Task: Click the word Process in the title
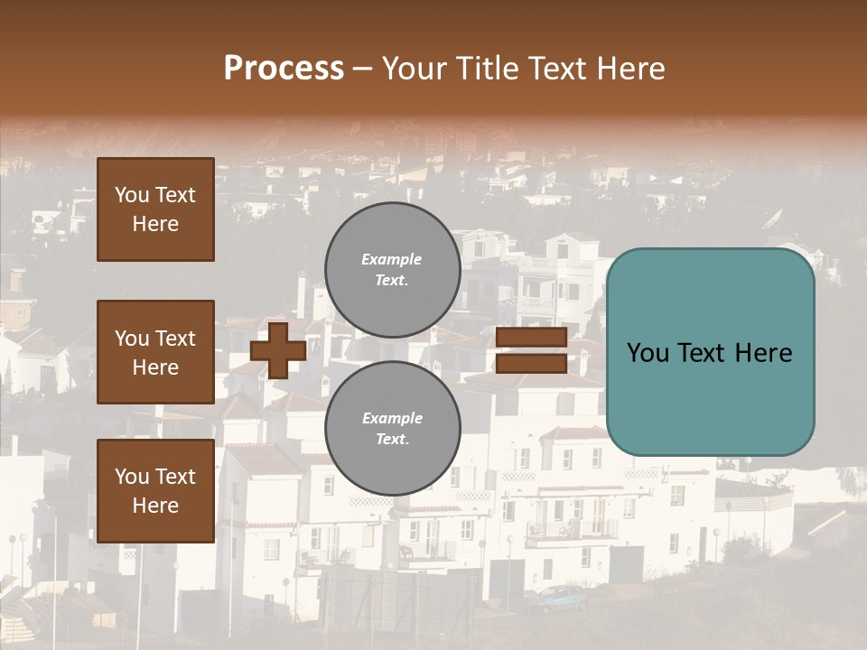tap(284, 69)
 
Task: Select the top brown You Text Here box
tap(155, 209)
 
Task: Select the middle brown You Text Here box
tap(155, 352)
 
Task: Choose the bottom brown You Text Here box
tap(155, 491)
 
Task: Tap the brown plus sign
tap(278, 350)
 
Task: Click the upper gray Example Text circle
tap(392, 269)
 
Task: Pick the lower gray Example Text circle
tap(392, 428)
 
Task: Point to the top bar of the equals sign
tap(531, 338)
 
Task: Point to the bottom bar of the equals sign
tap(531, 363)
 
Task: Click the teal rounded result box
tap(710, 352)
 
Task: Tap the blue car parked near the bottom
tap(560, 597)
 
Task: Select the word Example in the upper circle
tap(391, 259)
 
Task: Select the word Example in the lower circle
tap(392, 418)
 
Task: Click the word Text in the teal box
tap(710, 353)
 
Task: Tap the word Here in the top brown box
tap(155, 224)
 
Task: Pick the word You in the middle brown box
tap(132, 339)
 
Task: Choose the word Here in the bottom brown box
tap(155, 506)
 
